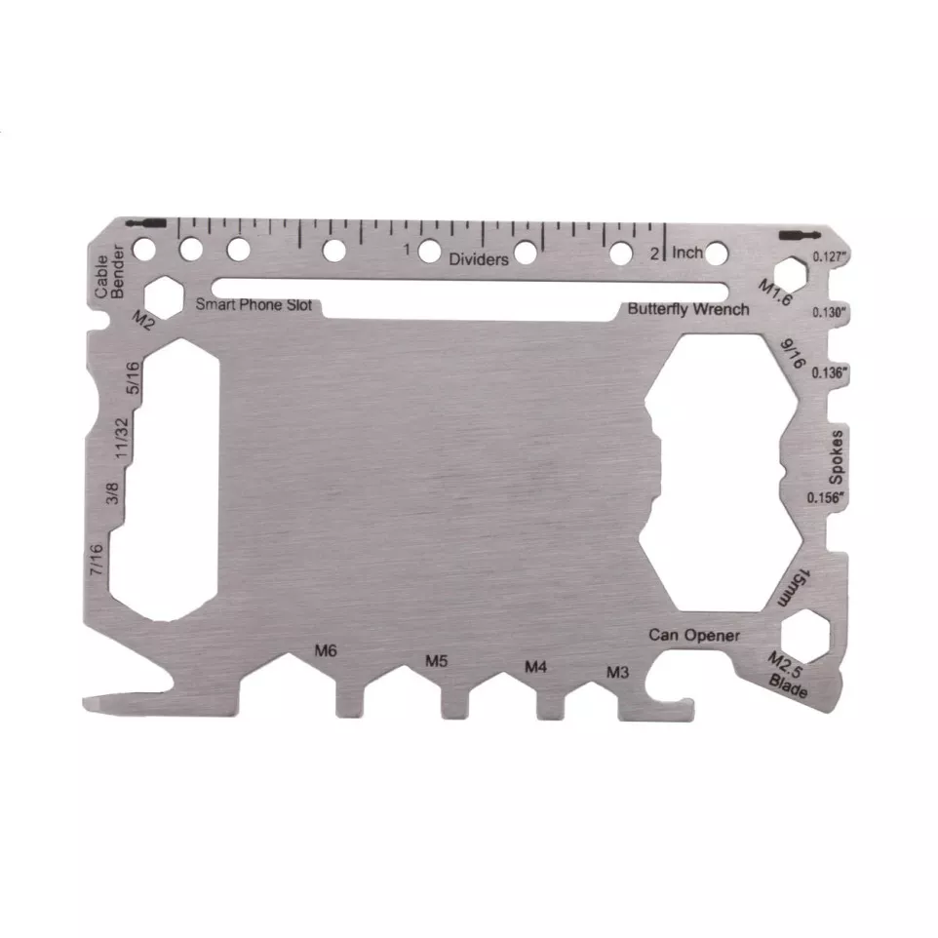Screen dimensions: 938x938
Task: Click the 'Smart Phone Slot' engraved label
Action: tap(254, 304)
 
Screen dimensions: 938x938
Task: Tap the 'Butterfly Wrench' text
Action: tap(688, 309)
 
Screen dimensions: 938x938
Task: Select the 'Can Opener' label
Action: tap(694, 636)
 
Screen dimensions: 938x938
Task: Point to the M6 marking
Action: tap(326, 650)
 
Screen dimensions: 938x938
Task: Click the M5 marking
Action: tap(437, 661)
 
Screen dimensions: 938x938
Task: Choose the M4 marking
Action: tap(535, 667)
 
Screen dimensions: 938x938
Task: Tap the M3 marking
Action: tap(618, 672)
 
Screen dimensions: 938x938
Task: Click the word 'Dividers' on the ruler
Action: tap(479, 259)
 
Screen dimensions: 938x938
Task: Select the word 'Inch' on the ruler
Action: tap(687, 254)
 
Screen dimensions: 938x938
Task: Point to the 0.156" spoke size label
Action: tap(827, 496)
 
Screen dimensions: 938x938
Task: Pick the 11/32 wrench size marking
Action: tap(122, 439)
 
